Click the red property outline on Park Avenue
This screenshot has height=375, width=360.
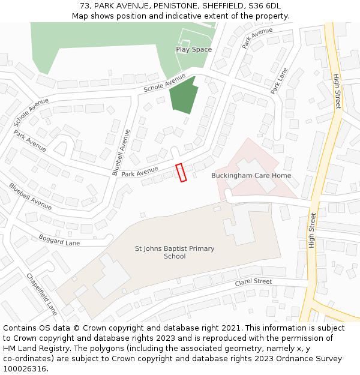coord(181,172)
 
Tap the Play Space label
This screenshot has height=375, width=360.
coord(194,49)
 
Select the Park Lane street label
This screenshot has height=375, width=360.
coord(279,80)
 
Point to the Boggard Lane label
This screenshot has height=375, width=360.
coord(59,240)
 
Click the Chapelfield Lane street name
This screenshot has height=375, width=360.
coord(42,294)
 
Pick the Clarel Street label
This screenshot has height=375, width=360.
coord(253,281)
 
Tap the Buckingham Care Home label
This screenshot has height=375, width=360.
coord(251,176)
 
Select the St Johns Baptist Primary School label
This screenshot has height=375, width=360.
coord(175,253)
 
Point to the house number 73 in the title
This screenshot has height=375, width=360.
coord(85,6)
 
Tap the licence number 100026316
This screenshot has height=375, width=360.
coord(25,368)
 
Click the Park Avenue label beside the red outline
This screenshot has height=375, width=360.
coord(140,172)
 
